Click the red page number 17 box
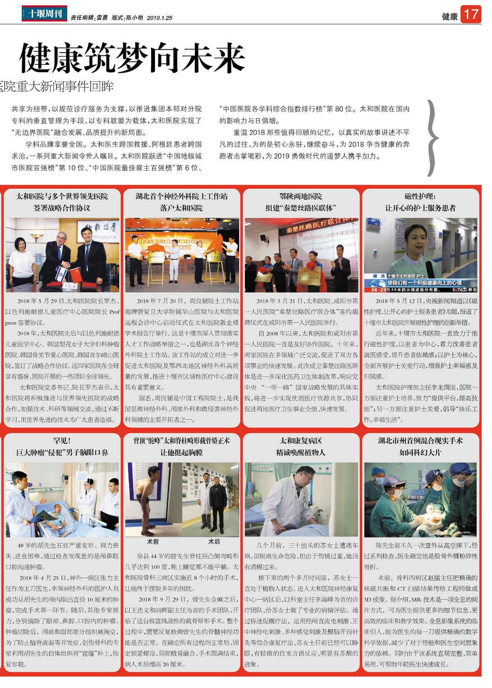471,14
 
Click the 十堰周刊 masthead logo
44,14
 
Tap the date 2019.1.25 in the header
159,18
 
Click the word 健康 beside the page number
449,16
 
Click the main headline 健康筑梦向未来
132,58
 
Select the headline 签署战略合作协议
62,208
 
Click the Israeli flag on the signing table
61,273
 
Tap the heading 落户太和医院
181,208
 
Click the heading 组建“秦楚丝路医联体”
301,208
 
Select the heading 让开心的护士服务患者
420,208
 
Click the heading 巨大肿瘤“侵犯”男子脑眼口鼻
62,452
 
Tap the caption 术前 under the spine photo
153,541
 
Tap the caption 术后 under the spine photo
214,541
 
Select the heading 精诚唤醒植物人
301,452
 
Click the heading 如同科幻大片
420,452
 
